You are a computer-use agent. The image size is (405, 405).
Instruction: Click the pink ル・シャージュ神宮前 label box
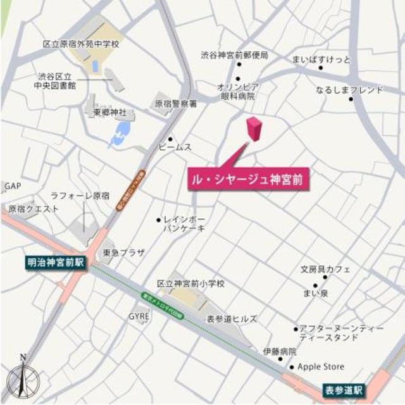coord(248,180)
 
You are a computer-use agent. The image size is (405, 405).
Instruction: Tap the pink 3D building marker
coord(254,129)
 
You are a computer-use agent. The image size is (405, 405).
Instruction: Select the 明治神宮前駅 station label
coord(55,262)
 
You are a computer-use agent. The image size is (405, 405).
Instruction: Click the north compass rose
coord(23,379)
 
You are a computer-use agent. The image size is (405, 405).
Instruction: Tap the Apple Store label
coord(321,367)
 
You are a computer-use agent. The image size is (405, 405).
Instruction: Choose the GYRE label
coord(139,315)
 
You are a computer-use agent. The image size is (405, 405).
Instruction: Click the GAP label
coord(13,187)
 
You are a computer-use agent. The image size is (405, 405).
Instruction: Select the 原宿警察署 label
coord(176,103)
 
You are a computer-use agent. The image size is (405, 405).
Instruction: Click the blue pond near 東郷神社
coord(120,134)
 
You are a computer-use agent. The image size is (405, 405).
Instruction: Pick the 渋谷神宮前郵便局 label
coord(235,56)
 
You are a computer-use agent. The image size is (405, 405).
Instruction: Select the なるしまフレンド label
coord(350,90)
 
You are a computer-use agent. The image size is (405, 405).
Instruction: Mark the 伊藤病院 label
coord(280,351)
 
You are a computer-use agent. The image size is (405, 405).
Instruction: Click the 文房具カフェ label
coord(325,270)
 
